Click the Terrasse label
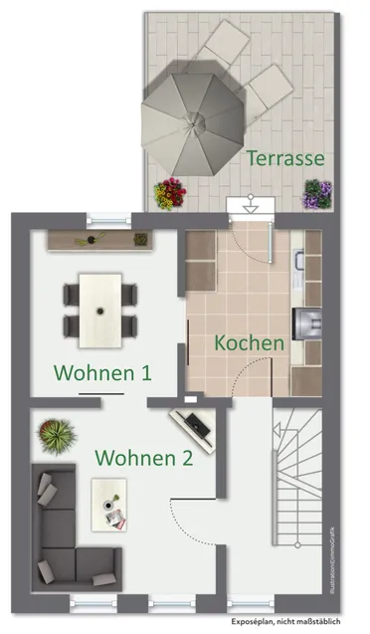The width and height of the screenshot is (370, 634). [x=285, y=157]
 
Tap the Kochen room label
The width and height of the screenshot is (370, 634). [x=250, y=342]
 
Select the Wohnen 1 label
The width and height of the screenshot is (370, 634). [x=102, y=373]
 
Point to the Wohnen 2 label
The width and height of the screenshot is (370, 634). [x=143, y=458]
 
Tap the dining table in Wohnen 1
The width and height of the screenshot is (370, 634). [x=100, y=308]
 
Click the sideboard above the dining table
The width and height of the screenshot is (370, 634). [x=98, y=240]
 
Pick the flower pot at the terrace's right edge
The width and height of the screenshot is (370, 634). [x=317, y=193]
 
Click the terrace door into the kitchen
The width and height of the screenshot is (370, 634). [x=248, y=207]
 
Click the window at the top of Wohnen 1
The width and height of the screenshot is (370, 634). [x=108, y=216]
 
